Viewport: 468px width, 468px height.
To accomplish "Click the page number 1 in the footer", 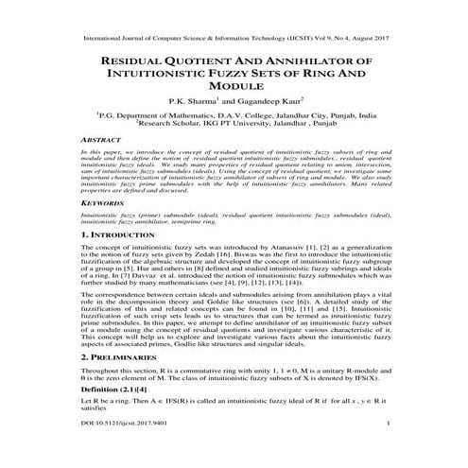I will (389, 451).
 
